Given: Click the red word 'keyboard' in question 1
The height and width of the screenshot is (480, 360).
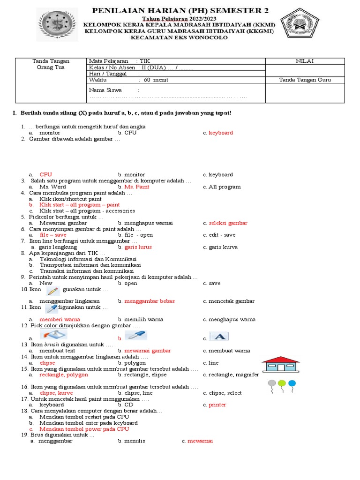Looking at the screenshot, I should [x=220, y=133].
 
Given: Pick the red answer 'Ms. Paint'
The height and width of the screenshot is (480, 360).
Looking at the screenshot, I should [x=137, y=187].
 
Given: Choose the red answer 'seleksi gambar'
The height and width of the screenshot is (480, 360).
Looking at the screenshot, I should [x=228, y=223].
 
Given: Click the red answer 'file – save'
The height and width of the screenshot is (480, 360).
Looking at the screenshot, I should [x=53, y=235].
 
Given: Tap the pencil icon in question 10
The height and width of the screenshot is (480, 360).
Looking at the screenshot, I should [x=53, y=290].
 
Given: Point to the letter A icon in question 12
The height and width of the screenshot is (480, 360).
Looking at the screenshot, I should [x=218, y=336].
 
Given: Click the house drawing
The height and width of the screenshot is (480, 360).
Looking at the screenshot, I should [x=282, y=365].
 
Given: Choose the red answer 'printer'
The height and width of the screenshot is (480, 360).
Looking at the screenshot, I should [x=217, y=405].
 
